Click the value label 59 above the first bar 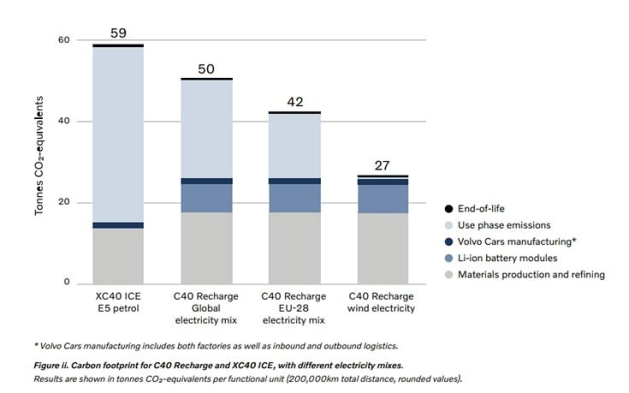click(117, 33)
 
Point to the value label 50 click(206, 68)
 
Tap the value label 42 click(295, 102)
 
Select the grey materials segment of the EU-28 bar click(295, 247)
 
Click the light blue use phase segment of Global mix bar click(206, 128)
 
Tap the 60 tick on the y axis click(63, 40)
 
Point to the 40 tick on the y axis click(63, 122)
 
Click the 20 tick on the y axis click(63, 203)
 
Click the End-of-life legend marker click(449, 209)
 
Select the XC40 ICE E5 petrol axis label click(117, 301)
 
